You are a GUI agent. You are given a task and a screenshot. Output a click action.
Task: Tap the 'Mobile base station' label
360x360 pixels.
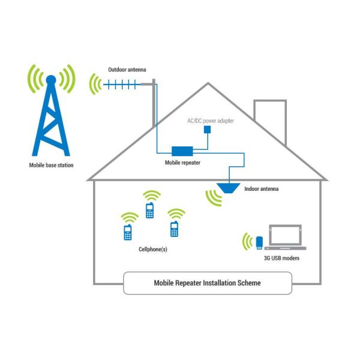pyautogui.click(x=52, y=165)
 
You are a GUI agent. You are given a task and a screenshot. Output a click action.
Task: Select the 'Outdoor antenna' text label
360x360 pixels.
pyautogui.click(x=127, y=70)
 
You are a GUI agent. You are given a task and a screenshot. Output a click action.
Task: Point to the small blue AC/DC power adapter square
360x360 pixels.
pyautogui.click(x=208, y=129)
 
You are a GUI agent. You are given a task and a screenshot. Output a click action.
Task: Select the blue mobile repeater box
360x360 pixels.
pyautogui.click(x=182, y=151)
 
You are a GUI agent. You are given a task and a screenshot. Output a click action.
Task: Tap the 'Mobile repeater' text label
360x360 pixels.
pyautogui.click(x=182, y=162)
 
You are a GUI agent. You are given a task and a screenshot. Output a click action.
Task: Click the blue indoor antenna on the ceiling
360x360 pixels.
pyautogui.click(x=228, y=187)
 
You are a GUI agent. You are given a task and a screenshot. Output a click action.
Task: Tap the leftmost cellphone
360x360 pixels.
pyautogui.click(x=127, y=233)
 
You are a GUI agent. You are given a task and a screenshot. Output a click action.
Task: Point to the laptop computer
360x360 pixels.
pyautogui.click(x=284, y=238)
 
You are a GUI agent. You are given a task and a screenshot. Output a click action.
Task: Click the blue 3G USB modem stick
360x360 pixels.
pyautogui.click(x=260, y=242)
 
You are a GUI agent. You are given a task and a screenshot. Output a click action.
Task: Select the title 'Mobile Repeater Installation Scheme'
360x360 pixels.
pyautogui.click(x=208, y=283)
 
